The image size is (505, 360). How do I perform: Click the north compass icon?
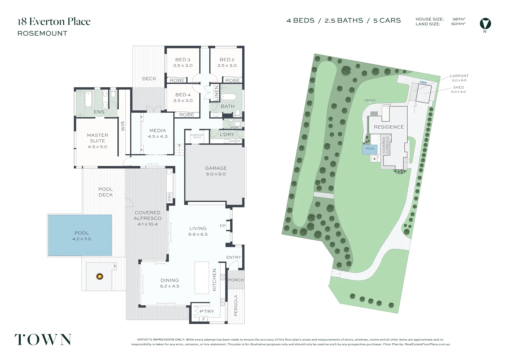click(485, 24)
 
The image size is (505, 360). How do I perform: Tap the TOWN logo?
click(43, 339)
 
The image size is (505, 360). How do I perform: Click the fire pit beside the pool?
click(100, 276)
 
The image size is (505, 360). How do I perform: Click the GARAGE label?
click(216, 168)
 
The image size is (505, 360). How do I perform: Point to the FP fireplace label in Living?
click(223, 226)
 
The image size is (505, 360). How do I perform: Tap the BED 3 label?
click(183, 60)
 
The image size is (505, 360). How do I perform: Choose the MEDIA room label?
click(158, 131)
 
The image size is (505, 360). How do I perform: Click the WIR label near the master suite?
click(123, 126)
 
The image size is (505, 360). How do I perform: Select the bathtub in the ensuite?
click(88, 99)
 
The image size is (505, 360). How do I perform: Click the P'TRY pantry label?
click(207, 311)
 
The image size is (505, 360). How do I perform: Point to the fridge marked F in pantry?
click(203, 319)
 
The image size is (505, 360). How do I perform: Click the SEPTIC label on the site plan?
click(370, 100)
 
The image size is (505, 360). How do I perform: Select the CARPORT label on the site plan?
click(459, 76)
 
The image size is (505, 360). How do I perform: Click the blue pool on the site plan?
click(370, 149)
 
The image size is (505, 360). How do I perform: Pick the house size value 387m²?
click(459, 19)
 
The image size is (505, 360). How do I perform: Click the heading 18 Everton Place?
click(54, 22)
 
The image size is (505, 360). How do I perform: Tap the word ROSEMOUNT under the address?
click(42, 33)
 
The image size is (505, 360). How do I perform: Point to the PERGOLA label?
click(236, 305)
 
